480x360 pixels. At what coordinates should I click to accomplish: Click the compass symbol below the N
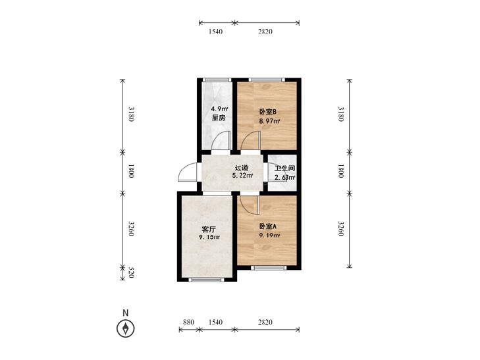[126, 329]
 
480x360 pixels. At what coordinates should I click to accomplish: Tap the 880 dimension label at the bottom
[188, 322]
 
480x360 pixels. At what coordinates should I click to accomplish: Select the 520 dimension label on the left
[131, 272]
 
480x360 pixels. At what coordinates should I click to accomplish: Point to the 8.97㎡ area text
[270, 121]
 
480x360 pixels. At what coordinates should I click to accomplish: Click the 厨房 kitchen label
[219, 118]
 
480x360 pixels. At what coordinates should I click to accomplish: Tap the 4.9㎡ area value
[219, 109]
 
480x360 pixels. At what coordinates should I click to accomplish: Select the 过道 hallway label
[242, 168]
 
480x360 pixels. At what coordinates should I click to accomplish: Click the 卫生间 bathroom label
[284, 168]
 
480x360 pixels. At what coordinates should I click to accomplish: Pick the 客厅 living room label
[209, 229]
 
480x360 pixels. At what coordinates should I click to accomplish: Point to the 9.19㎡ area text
[270, 236]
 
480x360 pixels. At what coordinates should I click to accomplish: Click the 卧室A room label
[268, 226]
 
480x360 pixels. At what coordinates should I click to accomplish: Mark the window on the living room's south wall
[206, 279]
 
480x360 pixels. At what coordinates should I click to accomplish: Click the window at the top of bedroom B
[267, 80]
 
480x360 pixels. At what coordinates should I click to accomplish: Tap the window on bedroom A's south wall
[269, 268]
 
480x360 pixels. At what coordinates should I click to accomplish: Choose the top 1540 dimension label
[215, 32]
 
